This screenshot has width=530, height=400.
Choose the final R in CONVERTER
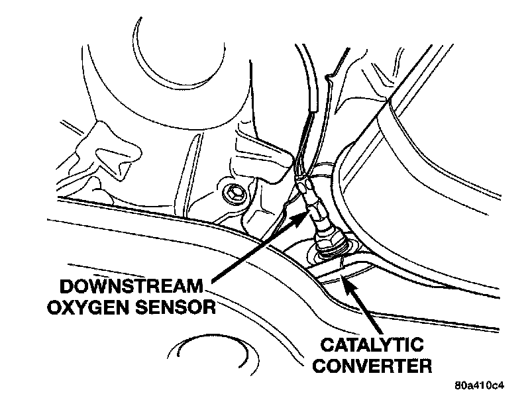pos(425,365)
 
